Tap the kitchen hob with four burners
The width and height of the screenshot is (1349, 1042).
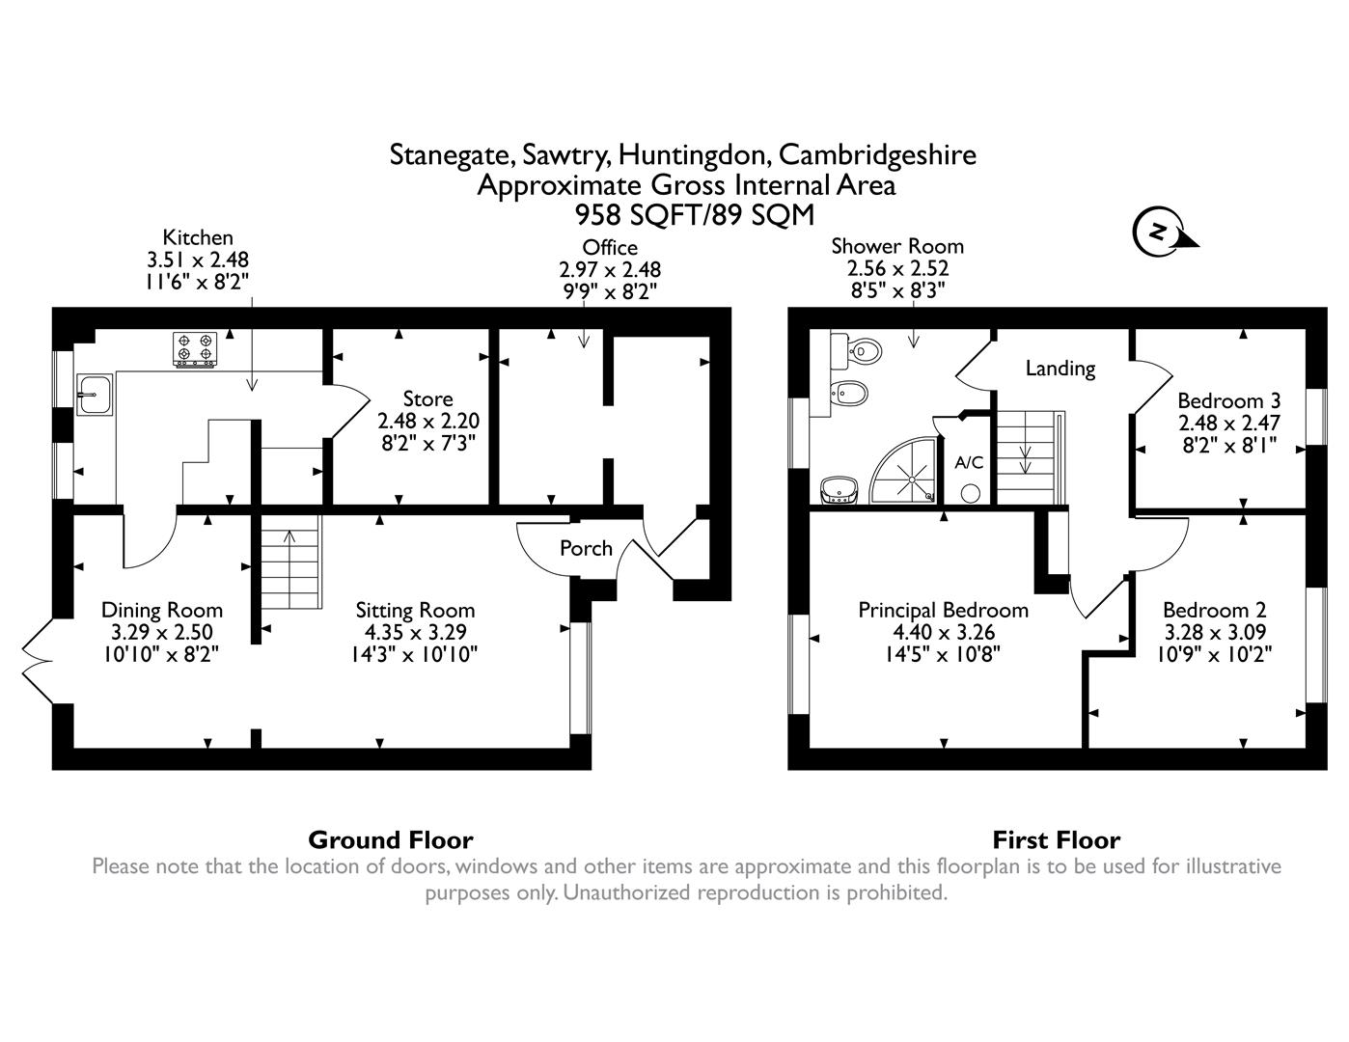click(x=194, y=350)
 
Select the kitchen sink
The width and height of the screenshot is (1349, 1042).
click(x=95, y=395)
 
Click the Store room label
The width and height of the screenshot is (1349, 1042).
click(x=427, y=399)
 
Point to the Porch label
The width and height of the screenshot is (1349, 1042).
click(x=586, y=548)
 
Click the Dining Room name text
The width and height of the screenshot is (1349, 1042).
click(x=162, y=610)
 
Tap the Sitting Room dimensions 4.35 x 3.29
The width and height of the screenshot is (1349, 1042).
click(x=415, y=632)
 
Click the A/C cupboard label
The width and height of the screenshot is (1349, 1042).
click(x=969, y=462)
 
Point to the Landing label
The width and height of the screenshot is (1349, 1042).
click(x=1060, y=368)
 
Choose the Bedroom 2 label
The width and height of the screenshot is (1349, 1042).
click(x=1214, y=610)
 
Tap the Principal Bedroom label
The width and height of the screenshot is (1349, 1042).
click(x=943, y=610)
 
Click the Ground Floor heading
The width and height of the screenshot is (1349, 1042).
click(x=391, y=839)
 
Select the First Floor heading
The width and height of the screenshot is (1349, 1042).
click(x=1056, y=839)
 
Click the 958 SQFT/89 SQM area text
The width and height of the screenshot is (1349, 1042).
click(x=695, y=214)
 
